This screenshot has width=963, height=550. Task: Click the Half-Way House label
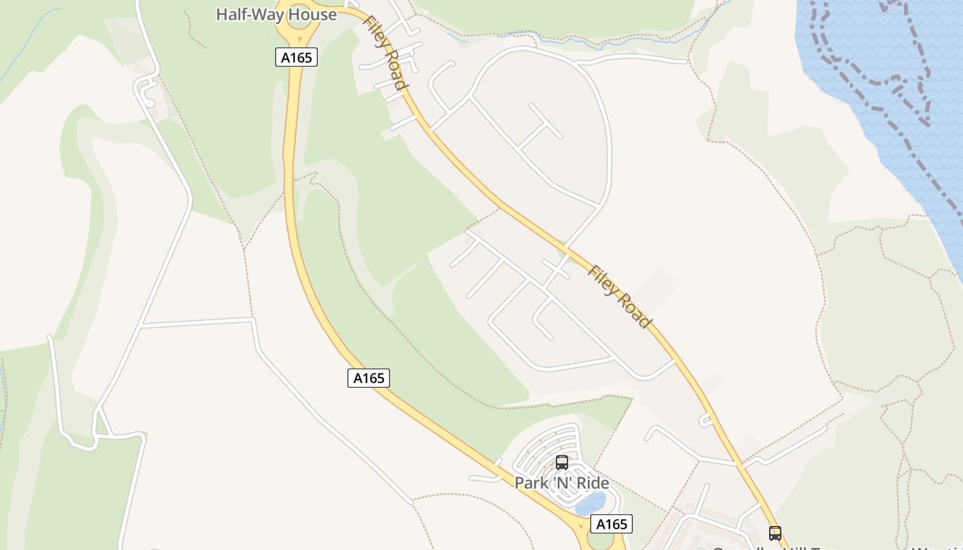(276, 14)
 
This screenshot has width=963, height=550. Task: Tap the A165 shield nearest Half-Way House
(297, 57)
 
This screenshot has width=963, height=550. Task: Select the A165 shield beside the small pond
(612, 524)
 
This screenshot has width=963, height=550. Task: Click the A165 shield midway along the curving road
(369, 377)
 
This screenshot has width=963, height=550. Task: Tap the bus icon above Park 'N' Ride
(562, 463)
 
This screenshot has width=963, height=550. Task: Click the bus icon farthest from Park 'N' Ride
(775, 533)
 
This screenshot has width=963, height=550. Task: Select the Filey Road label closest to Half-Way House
(386, 53)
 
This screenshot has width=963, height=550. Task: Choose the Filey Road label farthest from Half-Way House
(619, 297)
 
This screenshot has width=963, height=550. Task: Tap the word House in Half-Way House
(313, 14)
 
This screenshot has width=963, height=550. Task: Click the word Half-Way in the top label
(248, 14)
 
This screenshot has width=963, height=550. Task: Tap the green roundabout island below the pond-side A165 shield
(600, 541)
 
